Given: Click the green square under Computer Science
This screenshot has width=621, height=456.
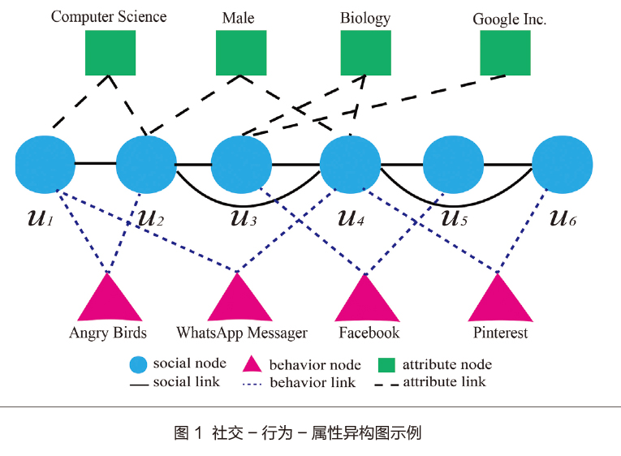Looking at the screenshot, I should click(x=110, y=54).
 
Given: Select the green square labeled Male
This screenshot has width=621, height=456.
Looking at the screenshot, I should click(x=241, y=54).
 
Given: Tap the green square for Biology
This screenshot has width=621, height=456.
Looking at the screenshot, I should click(x=365, y=54).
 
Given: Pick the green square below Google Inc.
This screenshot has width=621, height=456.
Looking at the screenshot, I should click(x=505, y=54).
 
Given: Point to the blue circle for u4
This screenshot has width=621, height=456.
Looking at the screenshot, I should click(x=350, y=165).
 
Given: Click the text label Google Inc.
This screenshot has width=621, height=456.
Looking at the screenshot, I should click(x=509, y=19).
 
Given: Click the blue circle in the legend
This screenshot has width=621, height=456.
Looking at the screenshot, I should click(x=139, y=364).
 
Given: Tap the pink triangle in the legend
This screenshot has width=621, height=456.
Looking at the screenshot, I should click(x=252, y=364).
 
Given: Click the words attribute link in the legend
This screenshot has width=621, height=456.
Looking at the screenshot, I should click(x=444, y=381).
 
